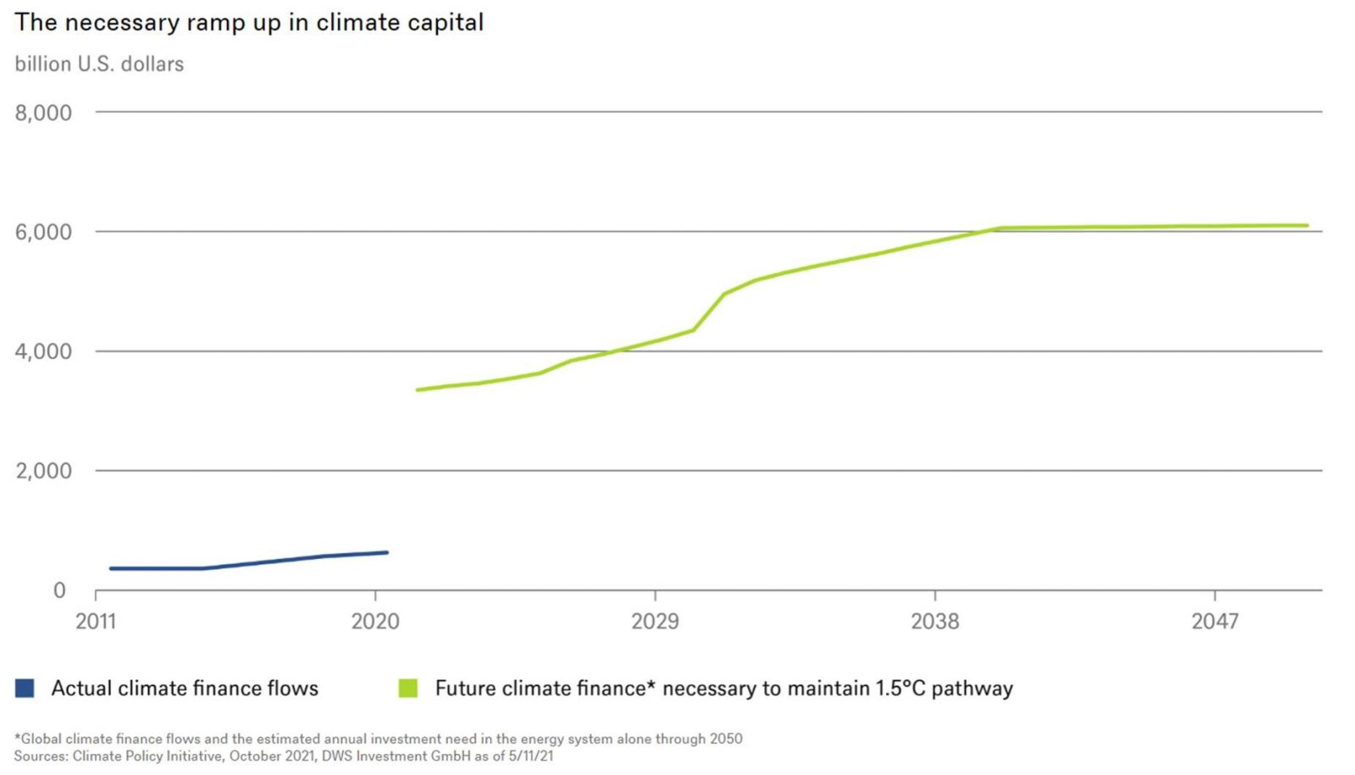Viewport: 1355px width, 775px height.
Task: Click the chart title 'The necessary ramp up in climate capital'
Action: pyautogui.click(x=249, y=23)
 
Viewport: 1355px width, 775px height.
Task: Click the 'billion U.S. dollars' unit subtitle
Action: pyautogui.click(x=99, y=64)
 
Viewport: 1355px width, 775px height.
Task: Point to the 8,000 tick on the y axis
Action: pyautogui.click(x=43, y=113)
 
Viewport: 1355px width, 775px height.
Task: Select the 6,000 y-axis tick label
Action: pyautogui.click(x=43, y=232)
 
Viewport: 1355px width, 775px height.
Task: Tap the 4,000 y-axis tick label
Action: pyautogui.click(x=43, y=352)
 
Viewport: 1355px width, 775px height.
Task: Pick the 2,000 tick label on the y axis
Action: pyautogui.click(x=43, y=471)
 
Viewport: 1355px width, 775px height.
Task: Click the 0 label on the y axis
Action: pyautogui.click(x=59, y=590)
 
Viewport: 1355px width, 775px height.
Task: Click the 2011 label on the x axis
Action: pyautogui.click(x=96, y=622)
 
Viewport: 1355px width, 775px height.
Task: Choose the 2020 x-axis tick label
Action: pyautogui.click(x=375, y=622)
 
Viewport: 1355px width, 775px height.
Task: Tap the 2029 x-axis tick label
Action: pyautogui.click(x=655, y=622)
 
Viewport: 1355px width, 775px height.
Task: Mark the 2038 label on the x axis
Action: pyautogui.click(x=935, y=622)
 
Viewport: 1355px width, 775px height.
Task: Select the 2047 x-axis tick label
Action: pyautogui.click(x=1214, y=622)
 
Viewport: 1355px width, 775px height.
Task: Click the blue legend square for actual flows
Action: pyautogui.click(x=25, y=688)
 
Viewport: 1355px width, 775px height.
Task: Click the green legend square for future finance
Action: pyautogui.click(x=408, y=688)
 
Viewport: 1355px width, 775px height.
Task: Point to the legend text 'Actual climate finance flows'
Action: pyautogui.click(x=185, y=688)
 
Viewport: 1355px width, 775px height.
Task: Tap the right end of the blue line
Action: pyautogui.click(x=387, y=552)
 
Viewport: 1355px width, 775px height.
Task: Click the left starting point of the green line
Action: pyautogui.click(x=418, y=390)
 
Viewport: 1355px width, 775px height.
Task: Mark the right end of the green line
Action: pyautogui.click(x=1307, y=225)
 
